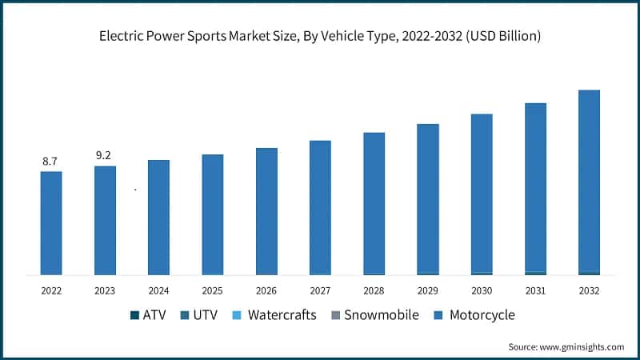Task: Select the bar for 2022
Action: pos(50,223)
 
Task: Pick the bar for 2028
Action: pos(374,203)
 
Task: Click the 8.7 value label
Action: pos(50,162)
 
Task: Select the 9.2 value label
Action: pos(104,156)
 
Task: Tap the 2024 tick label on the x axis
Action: pos(158,291)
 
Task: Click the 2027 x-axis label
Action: pos(320,291)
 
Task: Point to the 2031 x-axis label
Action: pos(535,291)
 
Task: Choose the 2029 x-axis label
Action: pos(427,291)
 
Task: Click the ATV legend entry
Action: pos(147,315)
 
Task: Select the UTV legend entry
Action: pos(202,315)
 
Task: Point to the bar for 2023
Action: pos(105,221)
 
